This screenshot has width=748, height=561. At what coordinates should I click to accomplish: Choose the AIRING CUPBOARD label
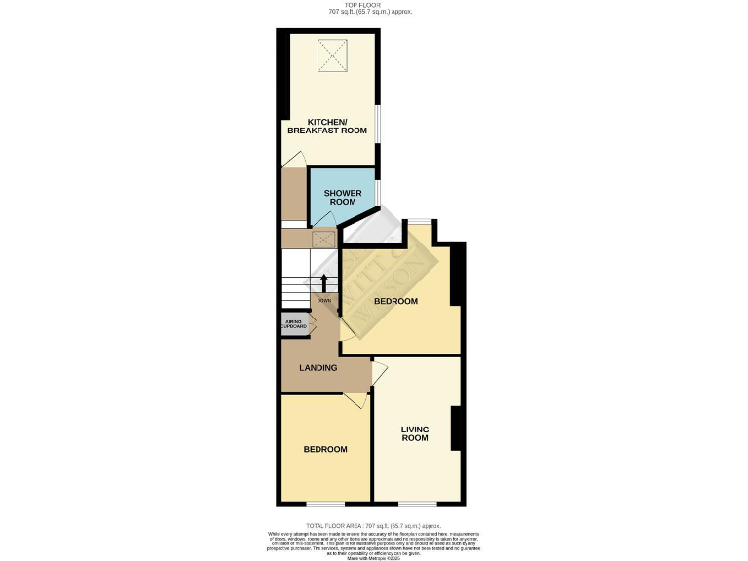(x=294, y=324)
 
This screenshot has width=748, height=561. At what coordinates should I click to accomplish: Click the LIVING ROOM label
(x=415, y=432)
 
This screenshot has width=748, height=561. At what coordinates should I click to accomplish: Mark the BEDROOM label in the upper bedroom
(x=396, y=302)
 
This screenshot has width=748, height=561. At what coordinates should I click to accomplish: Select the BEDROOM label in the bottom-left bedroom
(x=325, y=449)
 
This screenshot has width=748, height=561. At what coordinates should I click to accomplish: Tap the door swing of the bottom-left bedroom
(x=355, y=399)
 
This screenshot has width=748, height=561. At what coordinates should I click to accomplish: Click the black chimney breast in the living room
(x=455, y=429)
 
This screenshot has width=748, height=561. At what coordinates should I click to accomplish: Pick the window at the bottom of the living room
(x=417, y=504)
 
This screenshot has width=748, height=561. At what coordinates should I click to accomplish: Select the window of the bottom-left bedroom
(x=325, y=504)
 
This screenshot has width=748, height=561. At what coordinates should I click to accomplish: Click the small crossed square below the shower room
(x=322, y=237)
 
